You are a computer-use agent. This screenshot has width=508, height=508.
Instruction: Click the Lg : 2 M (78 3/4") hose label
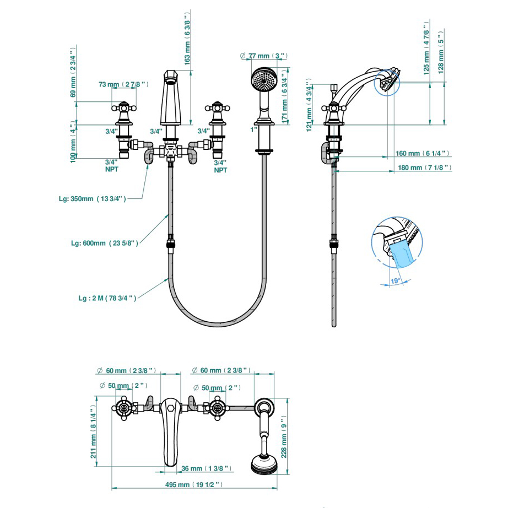click(x=107, y=298)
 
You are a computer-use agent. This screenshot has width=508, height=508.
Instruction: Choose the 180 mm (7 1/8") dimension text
click(x=424, y=167)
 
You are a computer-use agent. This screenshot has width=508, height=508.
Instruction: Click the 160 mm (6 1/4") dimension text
click(x=423, y=153)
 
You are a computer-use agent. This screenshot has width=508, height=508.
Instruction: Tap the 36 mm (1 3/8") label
click(x=206, y=468)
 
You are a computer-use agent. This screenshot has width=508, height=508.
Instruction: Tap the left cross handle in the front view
click(x=125, y=108)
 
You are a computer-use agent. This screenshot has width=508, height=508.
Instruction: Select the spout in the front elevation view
click(x=170, y=99)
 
